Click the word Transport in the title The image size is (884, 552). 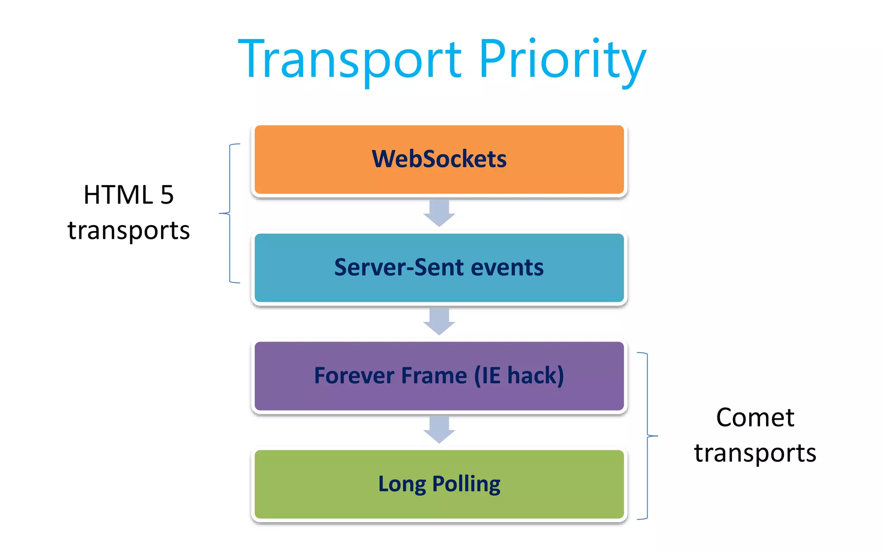click(x=350, y=60)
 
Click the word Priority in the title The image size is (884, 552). click(x=561, y=60)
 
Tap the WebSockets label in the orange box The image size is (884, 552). click(x=439, y=159)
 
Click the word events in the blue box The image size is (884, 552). click(x=507, y=267)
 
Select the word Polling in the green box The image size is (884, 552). click(x=466, y=484)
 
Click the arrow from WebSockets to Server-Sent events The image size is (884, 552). click(x=439, y=213)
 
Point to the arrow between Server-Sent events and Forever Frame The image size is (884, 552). click(x=439, y=321)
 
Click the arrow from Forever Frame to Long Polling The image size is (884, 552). click(x=439, y=430)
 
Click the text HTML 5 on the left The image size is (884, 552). click(x=128, y=195)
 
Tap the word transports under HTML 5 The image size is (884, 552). click(x=128, y=230)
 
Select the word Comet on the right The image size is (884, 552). click(x=755, y=417)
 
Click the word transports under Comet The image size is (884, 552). click(x=755, y=453)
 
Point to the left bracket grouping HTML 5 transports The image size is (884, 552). click(x=230, y=213)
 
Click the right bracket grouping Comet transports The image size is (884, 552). click(x=647, y=436)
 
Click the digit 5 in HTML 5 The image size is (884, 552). click(x=167, y=195)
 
